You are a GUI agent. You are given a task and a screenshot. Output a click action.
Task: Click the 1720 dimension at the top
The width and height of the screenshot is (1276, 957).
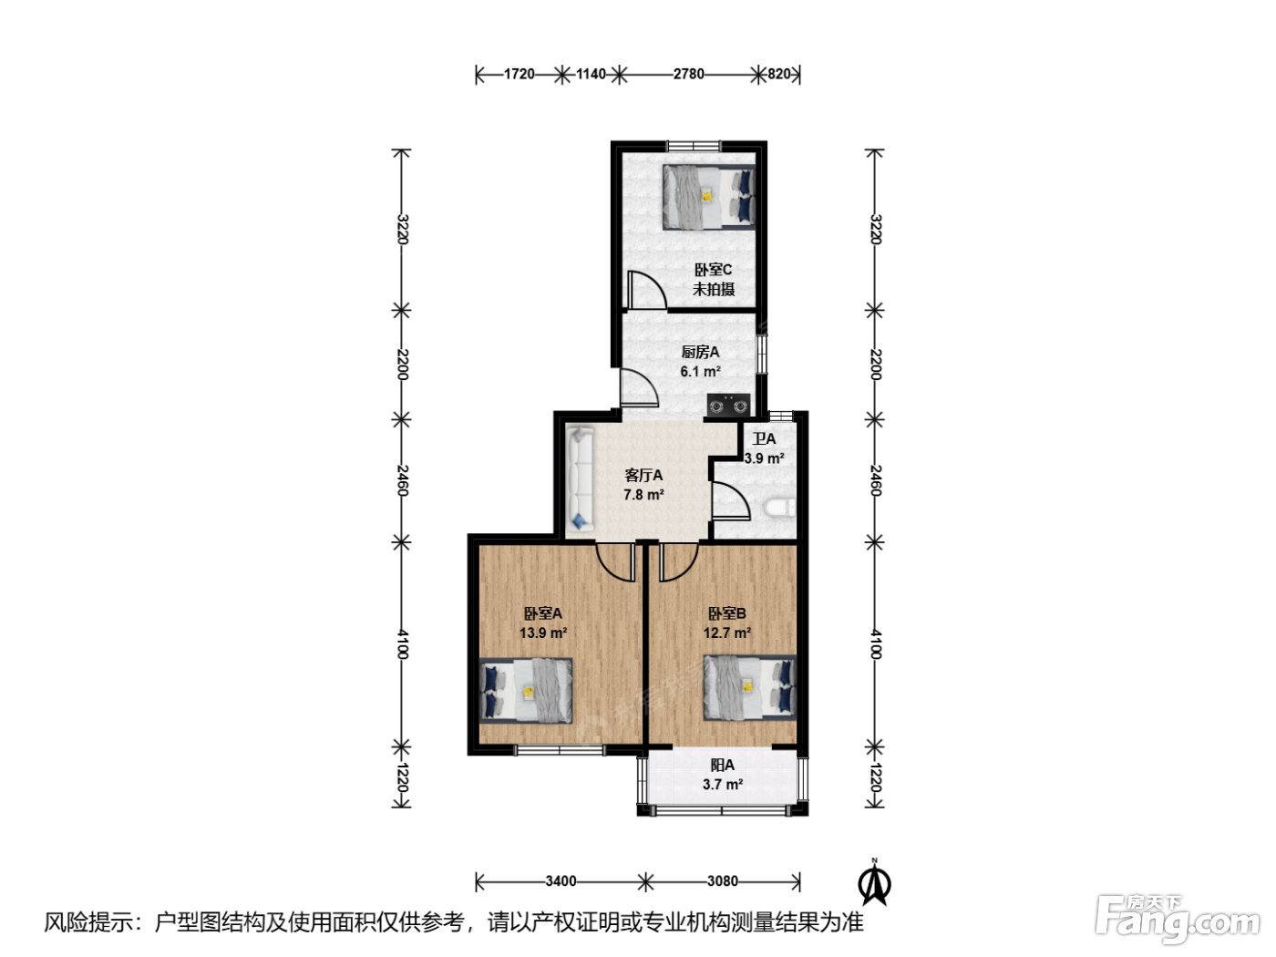pos(519,74)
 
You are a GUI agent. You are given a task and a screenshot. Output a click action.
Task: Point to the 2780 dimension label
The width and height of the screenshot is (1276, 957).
pos(688,74)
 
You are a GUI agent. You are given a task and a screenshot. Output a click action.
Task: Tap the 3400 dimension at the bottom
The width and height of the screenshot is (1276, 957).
pos(561,881)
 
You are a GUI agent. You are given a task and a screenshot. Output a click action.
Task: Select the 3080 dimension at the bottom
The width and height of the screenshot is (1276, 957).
pos(722,881)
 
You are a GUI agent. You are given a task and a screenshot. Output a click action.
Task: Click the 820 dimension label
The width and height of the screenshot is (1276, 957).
pos(779,74)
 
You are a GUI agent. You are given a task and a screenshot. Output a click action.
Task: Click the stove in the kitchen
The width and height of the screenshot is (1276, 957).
pos(728,405)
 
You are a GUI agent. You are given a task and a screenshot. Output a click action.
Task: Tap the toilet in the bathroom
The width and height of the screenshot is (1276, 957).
pos(779,508)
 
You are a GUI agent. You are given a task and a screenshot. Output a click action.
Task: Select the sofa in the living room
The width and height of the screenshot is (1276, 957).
pos(581,479)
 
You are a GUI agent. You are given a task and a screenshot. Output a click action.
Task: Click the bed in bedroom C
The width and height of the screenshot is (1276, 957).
pos(708,197)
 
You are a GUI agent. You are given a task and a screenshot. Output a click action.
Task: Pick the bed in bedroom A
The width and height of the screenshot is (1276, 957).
pos(526,690)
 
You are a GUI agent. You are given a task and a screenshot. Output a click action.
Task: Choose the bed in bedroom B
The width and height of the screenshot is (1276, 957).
pos(749,688)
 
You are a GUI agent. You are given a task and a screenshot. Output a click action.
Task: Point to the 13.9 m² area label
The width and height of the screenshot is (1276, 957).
pos(543,633)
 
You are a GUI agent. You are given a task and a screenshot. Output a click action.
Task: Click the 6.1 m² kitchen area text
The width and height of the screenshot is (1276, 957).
pos(701,371)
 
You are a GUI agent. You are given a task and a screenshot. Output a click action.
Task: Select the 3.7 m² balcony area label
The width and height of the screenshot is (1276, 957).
pos(723,785)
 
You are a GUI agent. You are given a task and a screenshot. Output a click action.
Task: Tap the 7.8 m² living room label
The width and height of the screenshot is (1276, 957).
pos(643,495)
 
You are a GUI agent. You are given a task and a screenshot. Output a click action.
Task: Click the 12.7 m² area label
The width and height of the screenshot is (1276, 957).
pos(726,633)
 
